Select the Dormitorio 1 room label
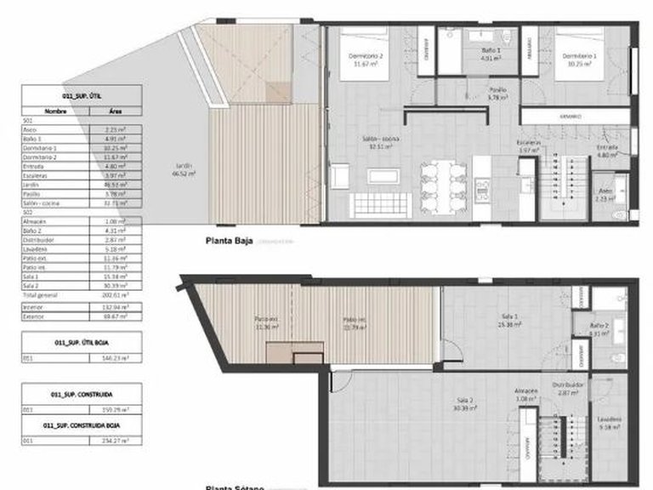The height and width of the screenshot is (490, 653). (x=579, y=60)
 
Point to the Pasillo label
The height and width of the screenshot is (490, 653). (x=497, y=94)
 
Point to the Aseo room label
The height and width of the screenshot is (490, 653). (x=605, y=192)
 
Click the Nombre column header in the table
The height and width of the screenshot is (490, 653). (x=55, y=111)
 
